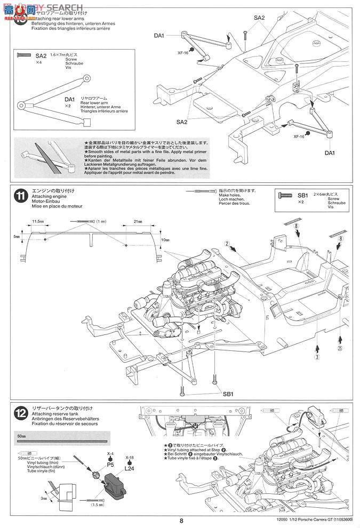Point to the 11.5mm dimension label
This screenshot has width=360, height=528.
tap(37, 221)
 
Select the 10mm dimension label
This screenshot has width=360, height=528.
tap(167, 240)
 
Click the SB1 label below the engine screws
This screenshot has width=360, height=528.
tap(228, 394)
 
